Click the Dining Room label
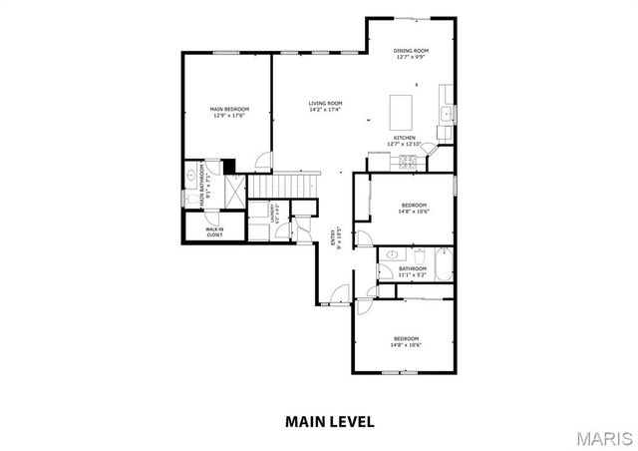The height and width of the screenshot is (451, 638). (410, 53)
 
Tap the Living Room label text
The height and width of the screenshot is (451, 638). (325, 106)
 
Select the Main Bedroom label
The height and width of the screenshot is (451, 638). (228, 112)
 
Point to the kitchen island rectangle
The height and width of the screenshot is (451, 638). (401, 106)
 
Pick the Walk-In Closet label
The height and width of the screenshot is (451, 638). (214, 232)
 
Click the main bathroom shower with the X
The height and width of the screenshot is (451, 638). (233, 190)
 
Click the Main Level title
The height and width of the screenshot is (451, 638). (330, 421)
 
